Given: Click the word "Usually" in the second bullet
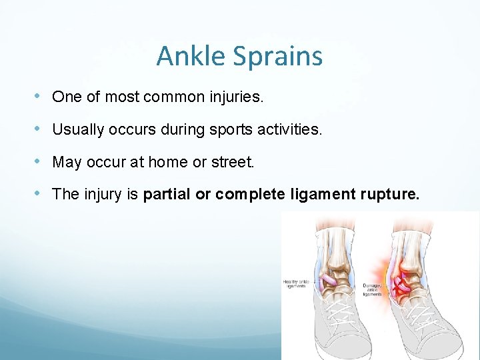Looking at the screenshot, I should click(77, 129).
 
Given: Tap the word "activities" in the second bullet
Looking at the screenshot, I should click(289, 129).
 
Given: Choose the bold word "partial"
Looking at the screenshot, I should click(166, 195).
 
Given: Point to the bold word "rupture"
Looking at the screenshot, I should click(389, 195).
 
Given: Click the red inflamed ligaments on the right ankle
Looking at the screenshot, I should click(402, 281).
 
